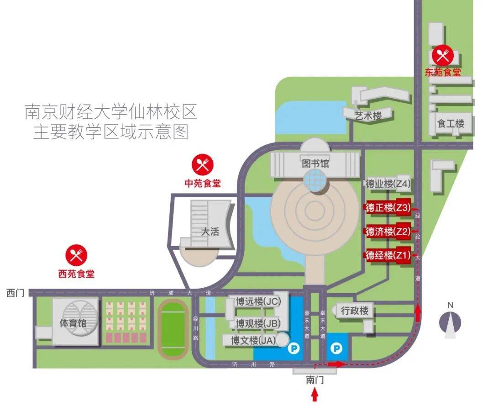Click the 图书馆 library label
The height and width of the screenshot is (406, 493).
point(315,163)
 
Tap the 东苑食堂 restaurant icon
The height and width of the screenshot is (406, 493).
point(442,56)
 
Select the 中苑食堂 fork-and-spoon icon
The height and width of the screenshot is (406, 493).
point(203,164)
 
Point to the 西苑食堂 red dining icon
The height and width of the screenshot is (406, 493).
point(76,255)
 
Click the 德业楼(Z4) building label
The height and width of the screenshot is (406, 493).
point(388,184)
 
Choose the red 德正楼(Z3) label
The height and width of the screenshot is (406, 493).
point(388,207)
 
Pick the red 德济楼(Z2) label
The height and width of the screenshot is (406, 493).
point(388,232)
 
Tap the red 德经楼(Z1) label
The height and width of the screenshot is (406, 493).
point(388,255)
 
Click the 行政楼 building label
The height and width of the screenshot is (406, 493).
point(355,311)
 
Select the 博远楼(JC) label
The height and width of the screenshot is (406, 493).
point(258,301)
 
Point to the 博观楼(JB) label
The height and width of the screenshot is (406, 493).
point(258,323)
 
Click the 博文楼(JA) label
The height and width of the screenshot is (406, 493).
point(253,340)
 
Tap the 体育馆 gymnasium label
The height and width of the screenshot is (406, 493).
point(73,323)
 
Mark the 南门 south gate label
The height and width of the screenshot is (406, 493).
point(315,380)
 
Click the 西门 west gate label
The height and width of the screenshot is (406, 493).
point(15,293)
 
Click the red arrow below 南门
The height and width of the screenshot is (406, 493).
point(315,395)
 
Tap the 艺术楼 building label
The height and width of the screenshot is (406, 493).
point(368,116)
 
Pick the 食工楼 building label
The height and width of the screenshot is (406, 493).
point(451,123)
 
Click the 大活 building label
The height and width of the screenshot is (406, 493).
point(210,232)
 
